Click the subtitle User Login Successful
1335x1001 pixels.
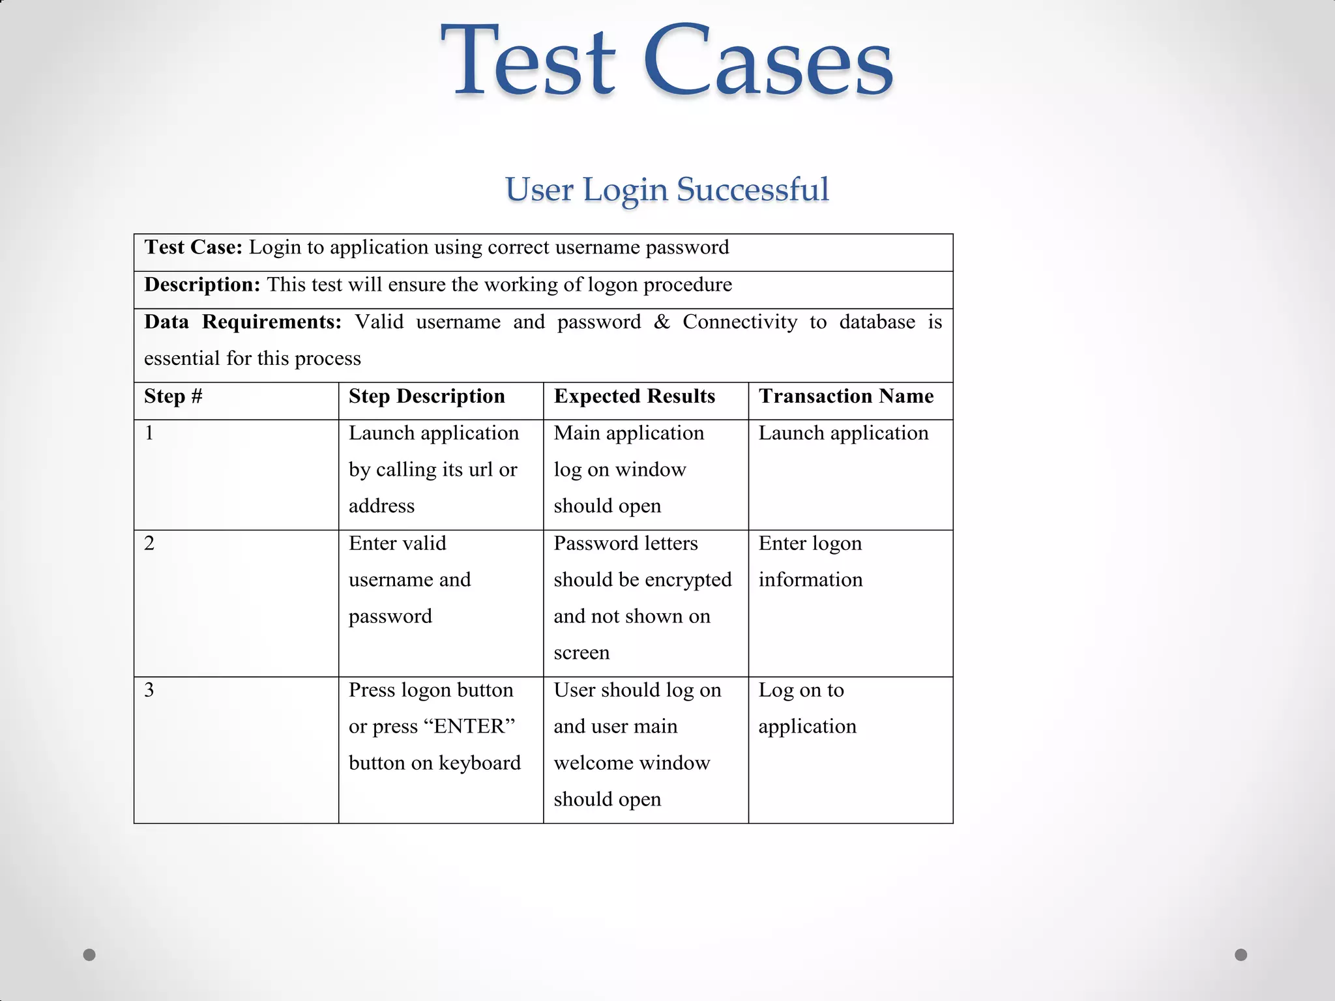coord(667,190)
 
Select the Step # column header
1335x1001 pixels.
coord(173,396)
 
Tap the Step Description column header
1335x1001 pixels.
coord(426,396)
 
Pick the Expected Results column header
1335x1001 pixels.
coord(634,396)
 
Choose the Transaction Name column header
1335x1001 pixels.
coord(845,396)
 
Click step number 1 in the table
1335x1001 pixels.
coord(149,433)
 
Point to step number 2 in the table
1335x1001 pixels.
coord(149,543)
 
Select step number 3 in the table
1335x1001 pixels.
coord(149,689)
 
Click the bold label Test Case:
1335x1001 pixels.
coord(193,247)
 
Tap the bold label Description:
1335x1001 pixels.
coord(202,284)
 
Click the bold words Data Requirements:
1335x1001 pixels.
coord(242,322)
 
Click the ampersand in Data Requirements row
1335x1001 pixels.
coord(662,322)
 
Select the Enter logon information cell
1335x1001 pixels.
coord(810,561)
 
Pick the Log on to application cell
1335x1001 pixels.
coord(807,708)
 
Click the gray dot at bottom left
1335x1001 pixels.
coord(89,955)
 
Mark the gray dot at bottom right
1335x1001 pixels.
coord(1241,955)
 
